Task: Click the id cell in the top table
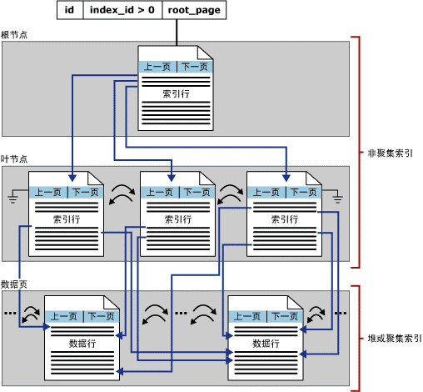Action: point(70,11)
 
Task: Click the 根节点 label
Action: point(14,35)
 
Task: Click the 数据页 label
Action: point(14,284)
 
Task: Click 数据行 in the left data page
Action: point(82,343)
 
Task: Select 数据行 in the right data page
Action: point(265,343)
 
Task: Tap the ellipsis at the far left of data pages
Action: point(10,314)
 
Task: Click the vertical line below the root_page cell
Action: point(177,32)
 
